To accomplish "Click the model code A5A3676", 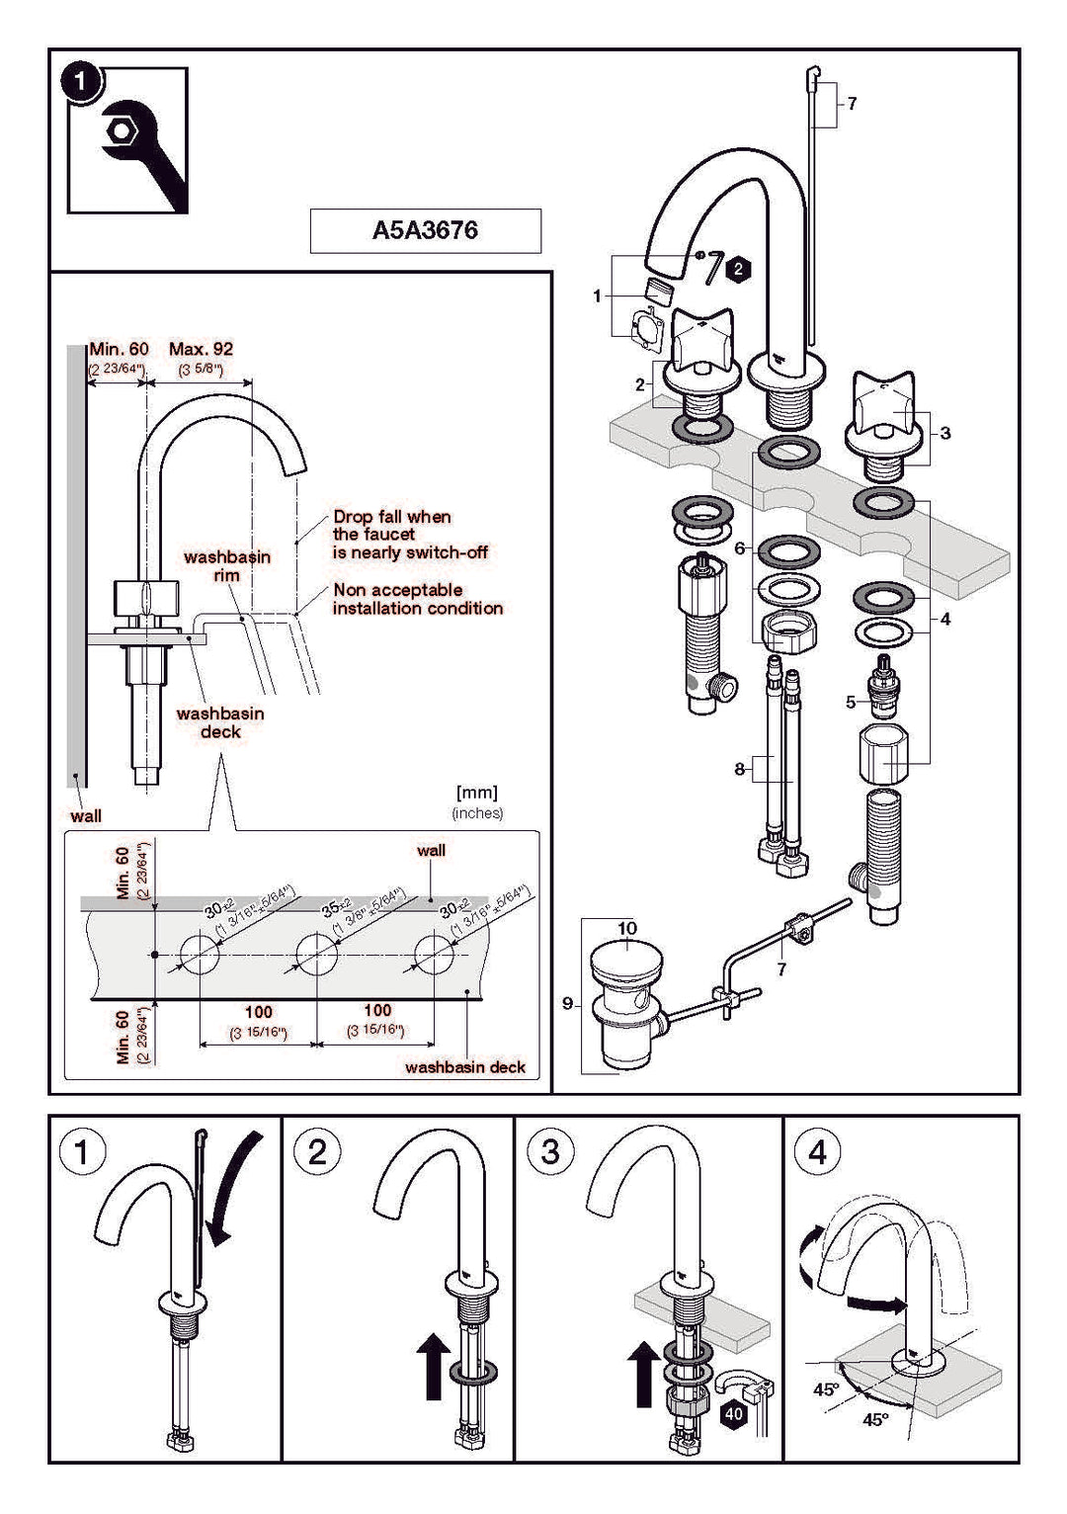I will (x=425, y=230).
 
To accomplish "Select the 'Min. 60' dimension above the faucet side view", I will (x=119, y=349).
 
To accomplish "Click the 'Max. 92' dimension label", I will (x=201, y=349).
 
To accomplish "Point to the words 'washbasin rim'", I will (x=226, y=565).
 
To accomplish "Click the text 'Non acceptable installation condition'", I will (x=417, y=599).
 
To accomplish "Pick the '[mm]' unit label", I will (x=476, y=793).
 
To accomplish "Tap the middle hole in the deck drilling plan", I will (x=316, y=956).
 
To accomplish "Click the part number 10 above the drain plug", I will (x=627, y=929).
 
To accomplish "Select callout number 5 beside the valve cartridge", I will (x=851, y=703).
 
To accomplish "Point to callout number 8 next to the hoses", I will (x=739, y=768).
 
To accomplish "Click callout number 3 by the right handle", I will (x=945, y=433).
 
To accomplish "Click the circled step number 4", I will (x=817, y=1151).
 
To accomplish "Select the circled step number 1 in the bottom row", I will (x=82, y=1152).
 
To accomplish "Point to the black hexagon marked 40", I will (x=733, y=1414).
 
